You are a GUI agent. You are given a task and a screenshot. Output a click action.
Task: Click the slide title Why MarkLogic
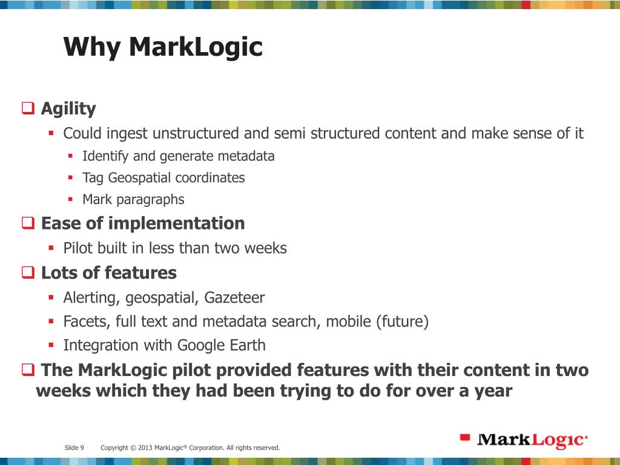click(x=163, y=47)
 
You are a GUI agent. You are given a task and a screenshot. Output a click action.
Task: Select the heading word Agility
click(x=68, y=109)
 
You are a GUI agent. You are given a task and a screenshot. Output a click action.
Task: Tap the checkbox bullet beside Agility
click(x=28, y=109)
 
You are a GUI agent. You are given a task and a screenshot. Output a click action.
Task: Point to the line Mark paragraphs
click(x=133, y=199)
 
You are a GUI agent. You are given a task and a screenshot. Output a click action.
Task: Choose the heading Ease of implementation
click(x=143, y=223)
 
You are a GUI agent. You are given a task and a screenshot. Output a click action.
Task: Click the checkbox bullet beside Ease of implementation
click(x=28, y=223)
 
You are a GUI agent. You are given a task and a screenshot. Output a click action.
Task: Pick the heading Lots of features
click(x=109, y=273)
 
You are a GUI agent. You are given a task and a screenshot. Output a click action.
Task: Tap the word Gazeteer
click(x=234, y=298)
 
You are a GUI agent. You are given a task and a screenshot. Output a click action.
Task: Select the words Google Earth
click(x=222, y=346)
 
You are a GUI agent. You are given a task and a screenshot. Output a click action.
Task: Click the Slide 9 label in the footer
click(x=74, y=448)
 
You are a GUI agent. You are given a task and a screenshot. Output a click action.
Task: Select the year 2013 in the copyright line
click(x=145, y=448)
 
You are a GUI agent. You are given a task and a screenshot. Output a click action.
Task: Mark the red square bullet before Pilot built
click(x=51, y=248)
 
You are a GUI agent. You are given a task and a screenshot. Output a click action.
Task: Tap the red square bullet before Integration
click(x=51, y=345)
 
